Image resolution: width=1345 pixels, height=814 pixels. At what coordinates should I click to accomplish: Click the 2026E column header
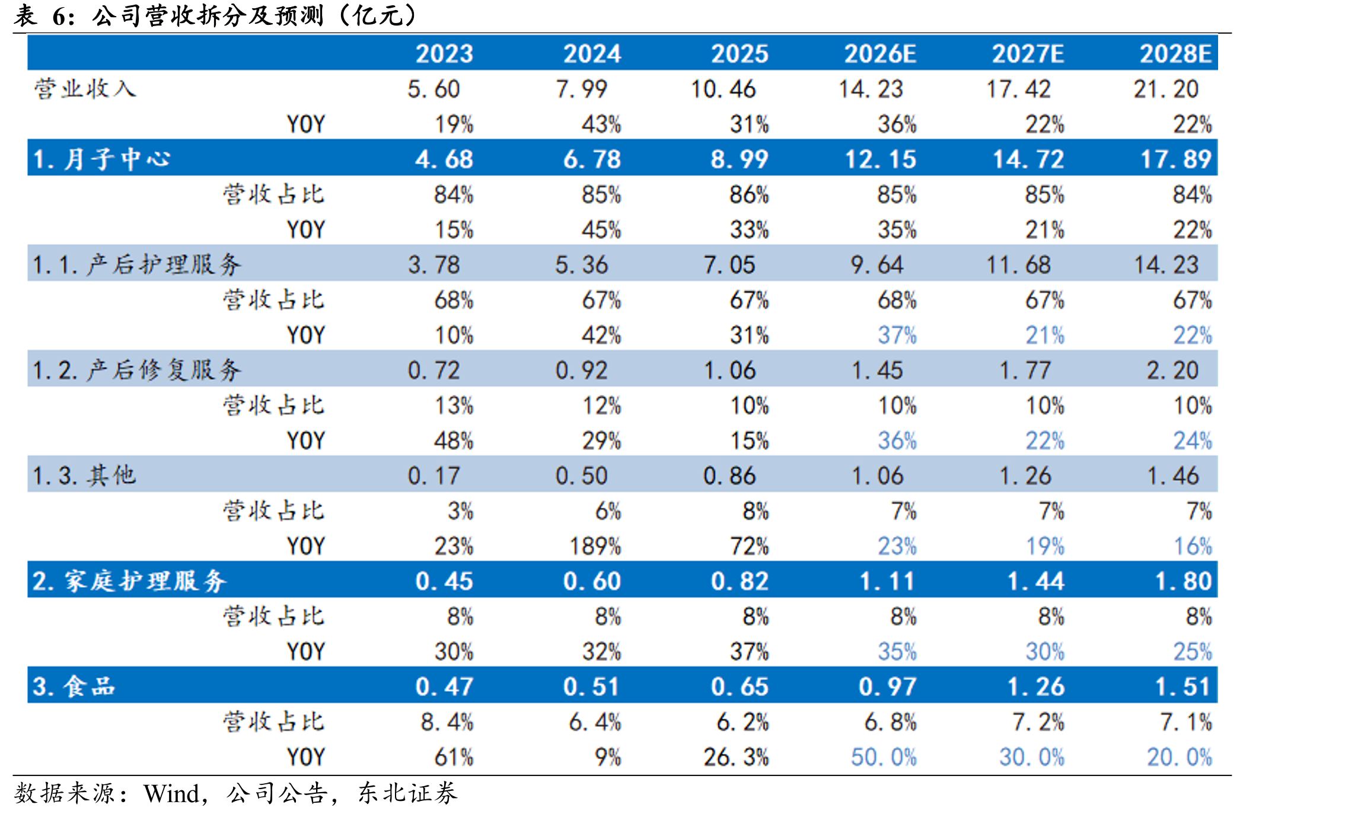880,54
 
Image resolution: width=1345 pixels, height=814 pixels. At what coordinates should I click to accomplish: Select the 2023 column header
444,54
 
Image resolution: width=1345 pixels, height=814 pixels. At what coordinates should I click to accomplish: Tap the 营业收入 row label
85,89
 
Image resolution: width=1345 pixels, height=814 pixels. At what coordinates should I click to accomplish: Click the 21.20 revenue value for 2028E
1166,89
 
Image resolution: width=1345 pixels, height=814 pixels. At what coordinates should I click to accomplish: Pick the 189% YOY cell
595,546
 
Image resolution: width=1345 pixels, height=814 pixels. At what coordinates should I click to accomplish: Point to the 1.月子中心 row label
101,159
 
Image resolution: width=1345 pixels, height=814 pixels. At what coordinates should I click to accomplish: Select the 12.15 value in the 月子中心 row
880,159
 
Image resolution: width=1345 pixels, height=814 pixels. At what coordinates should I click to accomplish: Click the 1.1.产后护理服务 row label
137,264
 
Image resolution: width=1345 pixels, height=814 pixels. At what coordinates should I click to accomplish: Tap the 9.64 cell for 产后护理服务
877,264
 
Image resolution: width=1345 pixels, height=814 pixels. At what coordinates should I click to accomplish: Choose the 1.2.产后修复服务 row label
137,370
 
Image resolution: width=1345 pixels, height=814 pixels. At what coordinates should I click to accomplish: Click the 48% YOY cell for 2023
454,440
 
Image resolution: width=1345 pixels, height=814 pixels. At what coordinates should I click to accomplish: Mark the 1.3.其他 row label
84,475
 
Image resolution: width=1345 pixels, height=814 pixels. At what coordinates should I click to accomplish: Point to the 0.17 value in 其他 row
434,475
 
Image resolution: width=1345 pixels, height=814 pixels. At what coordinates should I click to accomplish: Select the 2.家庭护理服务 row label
129,581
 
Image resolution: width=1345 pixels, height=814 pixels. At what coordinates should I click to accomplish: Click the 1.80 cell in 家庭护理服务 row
1183,581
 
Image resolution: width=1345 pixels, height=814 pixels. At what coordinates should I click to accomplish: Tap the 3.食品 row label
74,687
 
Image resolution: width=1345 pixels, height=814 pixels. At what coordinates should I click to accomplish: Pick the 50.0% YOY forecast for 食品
884,757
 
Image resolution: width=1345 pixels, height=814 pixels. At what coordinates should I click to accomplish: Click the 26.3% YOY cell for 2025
736,757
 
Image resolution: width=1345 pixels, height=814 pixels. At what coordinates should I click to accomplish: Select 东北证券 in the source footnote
407,793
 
